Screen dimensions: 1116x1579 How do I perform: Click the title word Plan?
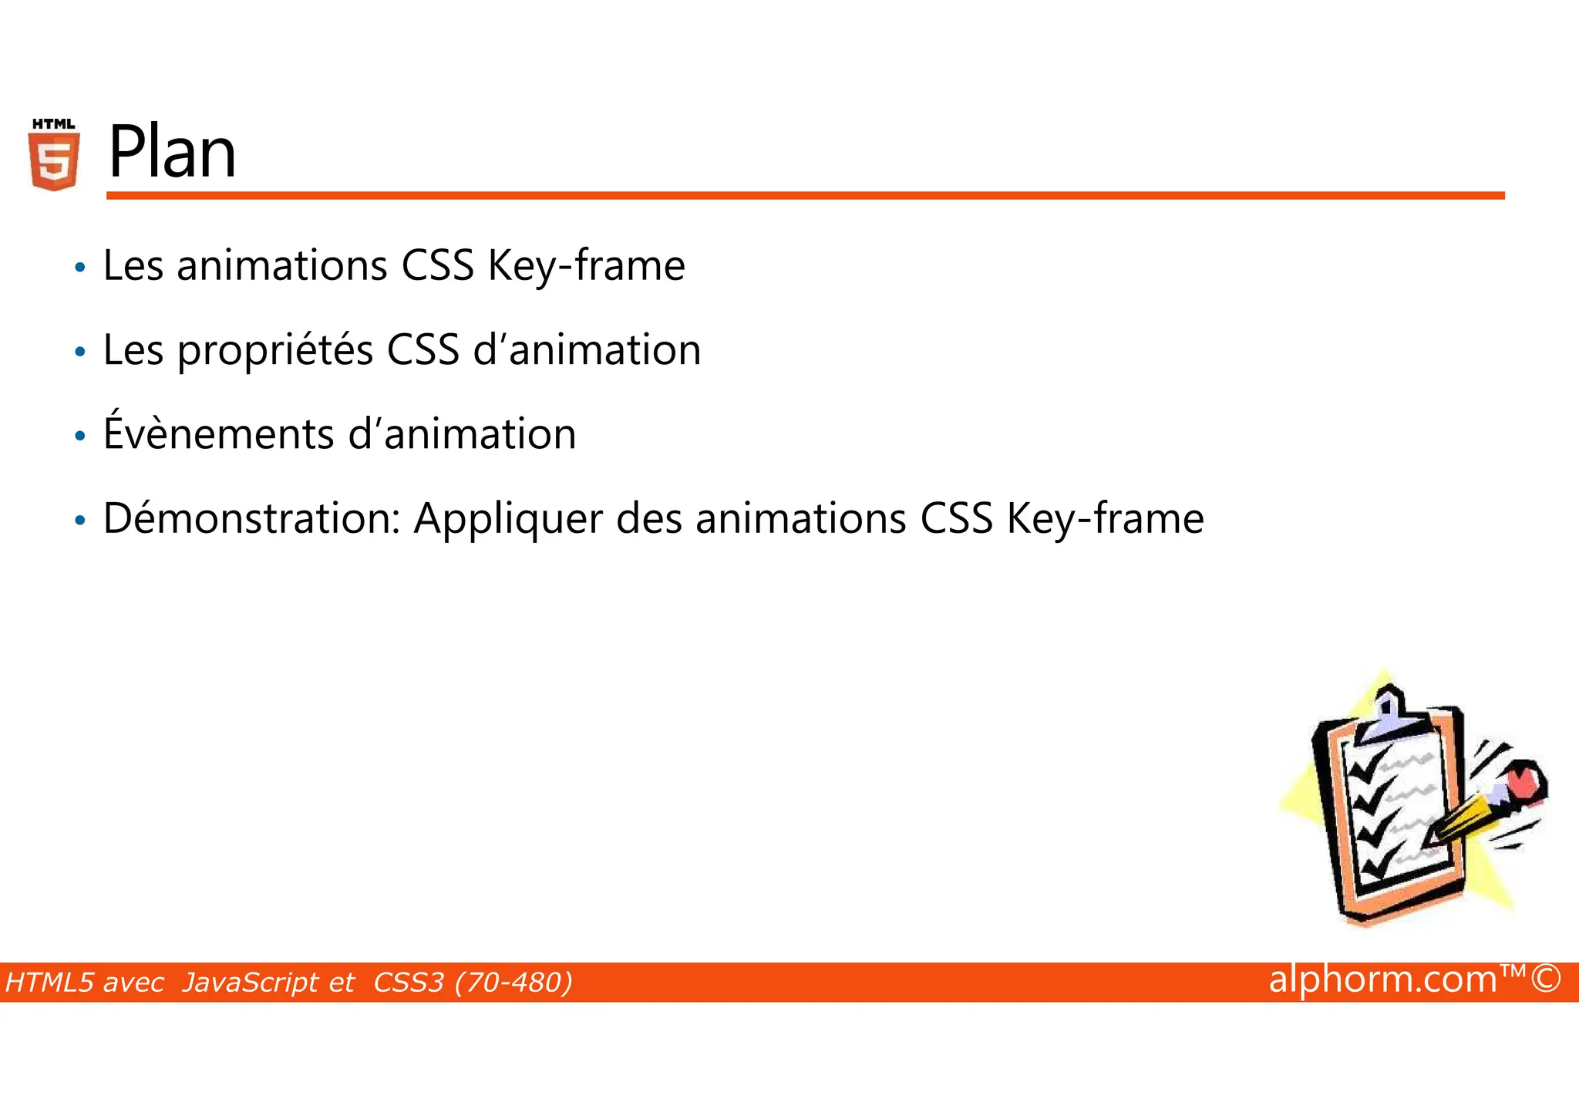pyautogui.click(x=172, y=153)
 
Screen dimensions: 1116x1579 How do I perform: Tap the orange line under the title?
pyautogui.click(x=805, y=196)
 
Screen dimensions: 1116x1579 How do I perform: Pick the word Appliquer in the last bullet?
pyautogui.click(x=508, y=520)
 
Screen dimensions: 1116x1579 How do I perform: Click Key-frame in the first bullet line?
pyautogui.click(x=586, y=266)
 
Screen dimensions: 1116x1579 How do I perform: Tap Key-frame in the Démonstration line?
pyautogui.click(x=1105, y=519)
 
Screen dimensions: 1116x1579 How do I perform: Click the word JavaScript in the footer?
pyautogui.click(x=268, y=983)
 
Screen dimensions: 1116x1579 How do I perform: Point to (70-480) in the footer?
pyautogui.click(x=513, y=983)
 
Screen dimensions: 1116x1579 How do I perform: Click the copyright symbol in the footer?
pyautogui.click(x=1545, y=979)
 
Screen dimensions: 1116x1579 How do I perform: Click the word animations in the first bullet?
pyautogui.click(x=281, y=266)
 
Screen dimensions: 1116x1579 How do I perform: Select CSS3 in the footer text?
pyautogui.click(x=409, y=983)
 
